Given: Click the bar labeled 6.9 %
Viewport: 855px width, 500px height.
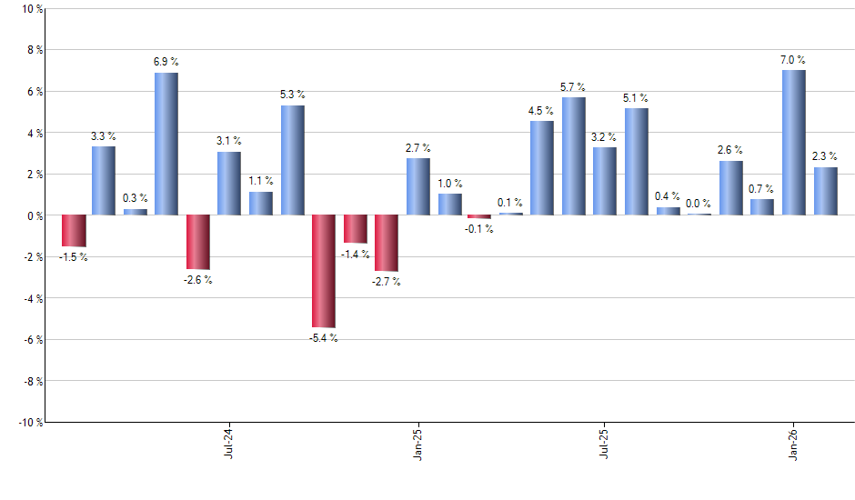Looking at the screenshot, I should pos(166,144).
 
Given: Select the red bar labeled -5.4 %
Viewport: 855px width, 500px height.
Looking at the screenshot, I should pos(323,271).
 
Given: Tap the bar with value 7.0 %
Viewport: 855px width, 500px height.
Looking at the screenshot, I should pos(794,143).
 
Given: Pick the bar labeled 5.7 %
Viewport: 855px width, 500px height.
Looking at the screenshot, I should pos(573,156).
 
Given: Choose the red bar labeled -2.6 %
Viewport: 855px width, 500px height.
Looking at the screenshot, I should pos(197,242).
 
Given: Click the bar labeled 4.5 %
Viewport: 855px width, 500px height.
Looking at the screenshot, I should pos(542,168).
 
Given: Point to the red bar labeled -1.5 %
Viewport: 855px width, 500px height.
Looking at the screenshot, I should pos(73,231).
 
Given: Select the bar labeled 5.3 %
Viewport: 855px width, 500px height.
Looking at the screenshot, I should pos(292,160).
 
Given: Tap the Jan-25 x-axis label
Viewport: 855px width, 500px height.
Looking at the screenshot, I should pos(417,441).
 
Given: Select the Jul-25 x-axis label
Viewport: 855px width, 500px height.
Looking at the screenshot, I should pos(605,441).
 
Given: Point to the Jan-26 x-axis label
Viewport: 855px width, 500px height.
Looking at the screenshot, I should pos(794,441).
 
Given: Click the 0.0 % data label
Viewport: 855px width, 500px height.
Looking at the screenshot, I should pos(699,204).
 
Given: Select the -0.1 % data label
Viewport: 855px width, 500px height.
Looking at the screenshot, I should pos(478,229).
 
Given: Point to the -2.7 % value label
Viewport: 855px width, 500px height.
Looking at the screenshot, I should pos(386,282).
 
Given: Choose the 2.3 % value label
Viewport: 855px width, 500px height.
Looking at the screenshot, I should pos(825,156).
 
